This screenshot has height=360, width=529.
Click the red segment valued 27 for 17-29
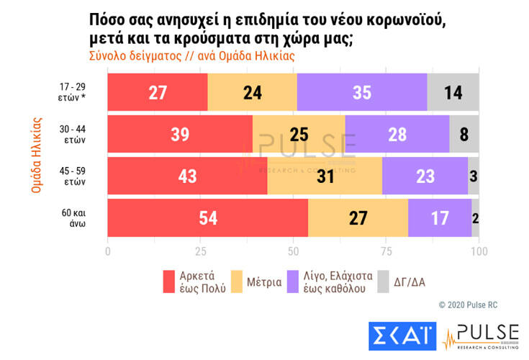pyautogui.click(x=157, y=91)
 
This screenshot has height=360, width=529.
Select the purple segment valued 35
pyautogui.click(x=361, y=91)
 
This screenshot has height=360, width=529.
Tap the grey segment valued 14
pyautogui.click(x=453, y=91)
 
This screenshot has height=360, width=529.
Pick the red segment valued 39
pyautogui.click(x=180, y=134)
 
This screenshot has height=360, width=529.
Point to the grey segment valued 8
pyautogui.click(x=464, y=134)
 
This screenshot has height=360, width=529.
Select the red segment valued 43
pyautogui.click(x=187, y=176)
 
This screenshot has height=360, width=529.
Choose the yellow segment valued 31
pyautogui.click(x=325, y=176)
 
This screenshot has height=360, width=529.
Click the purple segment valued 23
pyautogui.click(x=425, y=176)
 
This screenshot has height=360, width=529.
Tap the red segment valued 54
pyautogui.click(x=207, y=218)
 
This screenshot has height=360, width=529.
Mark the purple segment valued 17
pyautogui.click(x=440, y=218)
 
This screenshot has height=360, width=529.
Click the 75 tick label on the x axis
pyautogui.click(x=386, y=251)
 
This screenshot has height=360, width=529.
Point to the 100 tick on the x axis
pyautogui.click(x=479, y=251)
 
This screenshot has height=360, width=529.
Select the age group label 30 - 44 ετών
pyautogui.click(x=73, y=134)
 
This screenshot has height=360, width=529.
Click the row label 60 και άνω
pyautogui.click(x=73, y=218)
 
